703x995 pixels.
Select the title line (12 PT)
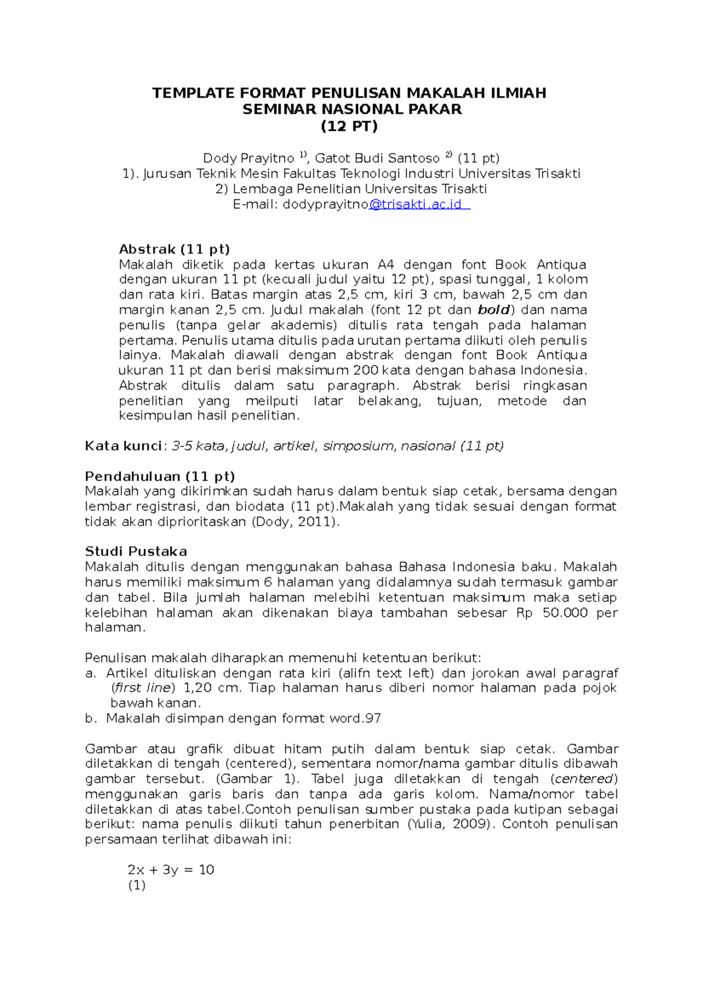tap(349, 125)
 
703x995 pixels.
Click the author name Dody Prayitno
tap(248, 158)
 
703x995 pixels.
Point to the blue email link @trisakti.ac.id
tap(418, 205)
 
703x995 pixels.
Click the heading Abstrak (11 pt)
tap(174, 249)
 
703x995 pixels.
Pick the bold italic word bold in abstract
tap(494, 310)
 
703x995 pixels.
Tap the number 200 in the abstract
tap(366, 370)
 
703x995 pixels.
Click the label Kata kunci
tap(122, 446)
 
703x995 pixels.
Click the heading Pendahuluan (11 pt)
tap(159, 476)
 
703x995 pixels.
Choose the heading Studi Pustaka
tap(136, 551)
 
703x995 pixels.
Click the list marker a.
tap(89, 673)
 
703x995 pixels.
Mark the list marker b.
tap(90, 718)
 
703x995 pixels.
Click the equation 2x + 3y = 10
tap(171, 870)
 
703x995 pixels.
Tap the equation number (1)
tap(136, 885)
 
